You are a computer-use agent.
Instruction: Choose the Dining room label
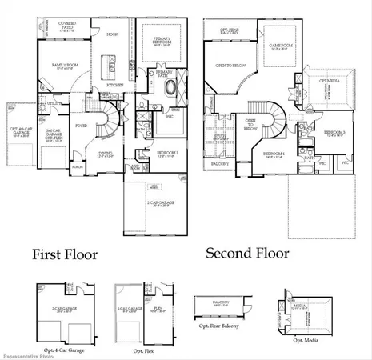106,153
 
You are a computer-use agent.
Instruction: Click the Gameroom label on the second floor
280,46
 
